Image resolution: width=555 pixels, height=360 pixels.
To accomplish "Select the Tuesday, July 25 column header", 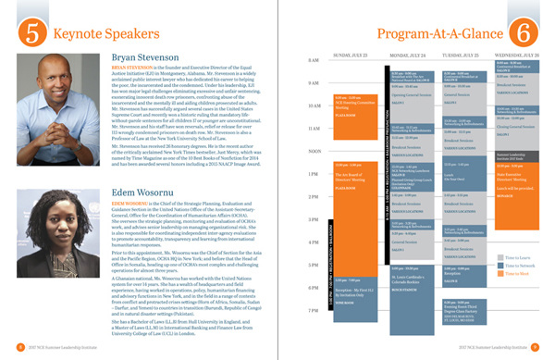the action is [462, 56].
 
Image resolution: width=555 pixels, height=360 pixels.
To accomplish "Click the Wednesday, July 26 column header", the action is [518, 56].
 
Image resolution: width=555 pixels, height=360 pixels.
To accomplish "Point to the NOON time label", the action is [314, 151].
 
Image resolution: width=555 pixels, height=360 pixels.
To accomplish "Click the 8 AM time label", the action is [314, 61].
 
